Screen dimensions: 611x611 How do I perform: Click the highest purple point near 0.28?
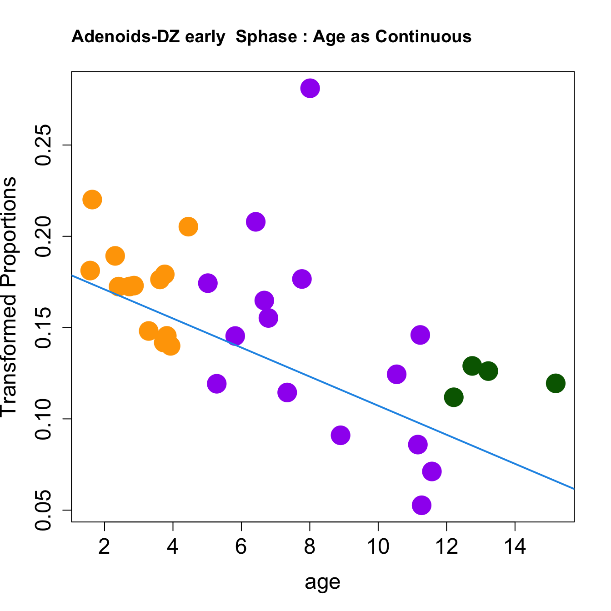click(x=310, y=88)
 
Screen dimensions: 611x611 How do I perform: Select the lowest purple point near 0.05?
click(x=421, y=505)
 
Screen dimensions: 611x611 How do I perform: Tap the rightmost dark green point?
click(x=556, y=383)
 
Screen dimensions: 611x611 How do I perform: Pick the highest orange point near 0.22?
click(x=92, y=199)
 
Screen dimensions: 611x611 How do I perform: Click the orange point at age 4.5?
click(x=188, y=226)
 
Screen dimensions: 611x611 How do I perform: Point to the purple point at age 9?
click(x=341, y=436)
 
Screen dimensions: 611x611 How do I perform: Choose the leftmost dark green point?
click(x=454, y=397)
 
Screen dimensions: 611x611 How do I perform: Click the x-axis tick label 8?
click(x=310, y=546)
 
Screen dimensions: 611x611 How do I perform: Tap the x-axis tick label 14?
click(x=515, y=546)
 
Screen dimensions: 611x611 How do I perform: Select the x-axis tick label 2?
click(x=105, y=546)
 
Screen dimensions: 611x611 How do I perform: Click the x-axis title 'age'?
click(x=322, y=582)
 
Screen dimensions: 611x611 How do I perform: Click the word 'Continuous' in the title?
click(x=423, y=36)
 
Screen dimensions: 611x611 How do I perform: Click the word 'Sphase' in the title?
click(x=266, y=36)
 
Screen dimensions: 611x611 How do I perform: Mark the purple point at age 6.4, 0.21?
click(x=256, y=222)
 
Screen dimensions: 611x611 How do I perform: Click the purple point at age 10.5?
click(x=396, y=374)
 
